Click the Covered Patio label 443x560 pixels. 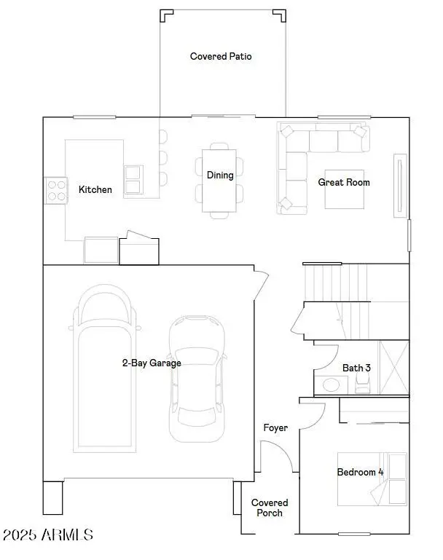click(221, 56)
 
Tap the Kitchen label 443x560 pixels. click(95, 189)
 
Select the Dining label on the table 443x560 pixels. click(220, 175)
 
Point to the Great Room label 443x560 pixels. click(344, 182)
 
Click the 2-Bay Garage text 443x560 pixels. click(152, 362)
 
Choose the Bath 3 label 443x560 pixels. click(356, 368)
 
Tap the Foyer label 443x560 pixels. click(275, 427)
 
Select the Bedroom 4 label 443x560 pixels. click(360, 472)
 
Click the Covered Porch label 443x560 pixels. click(270, 508)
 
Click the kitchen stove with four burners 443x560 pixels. click(56, 190)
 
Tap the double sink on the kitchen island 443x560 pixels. click(133, 179)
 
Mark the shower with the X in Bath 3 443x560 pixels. click(394, 368)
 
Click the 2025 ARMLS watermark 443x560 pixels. click(48, 535)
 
